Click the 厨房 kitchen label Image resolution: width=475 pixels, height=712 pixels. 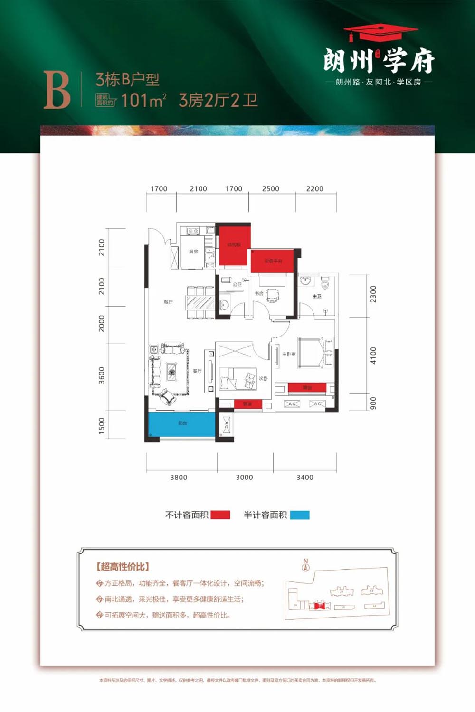coord(193,252)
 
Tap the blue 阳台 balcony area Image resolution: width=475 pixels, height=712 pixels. coord(182,424)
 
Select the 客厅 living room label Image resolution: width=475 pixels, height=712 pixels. coord(197,371)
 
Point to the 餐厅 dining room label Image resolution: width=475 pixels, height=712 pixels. coord(168,302)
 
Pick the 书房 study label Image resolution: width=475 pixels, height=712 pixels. coord(259,293)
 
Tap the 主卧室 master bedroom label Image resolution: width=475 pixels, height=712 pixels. coord(289,354)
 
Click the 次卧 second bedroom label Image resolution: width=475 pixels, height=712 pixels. coord(263,378)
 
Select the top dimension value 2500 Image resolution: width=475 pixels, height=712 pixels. coord(271,189)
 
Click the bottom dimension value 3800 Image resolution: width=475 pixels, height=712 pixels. coord(179,478)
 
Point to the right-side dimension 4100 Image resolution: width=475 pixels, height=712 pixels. coord(373,356)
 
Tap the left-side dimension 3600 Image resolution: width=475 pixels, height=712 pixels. coord(102,375)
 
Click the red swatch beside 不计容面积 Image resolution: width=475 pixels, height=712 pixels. coord(220,515)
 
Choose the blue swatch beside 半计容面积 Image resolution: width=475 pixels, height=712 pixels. coord(300,515)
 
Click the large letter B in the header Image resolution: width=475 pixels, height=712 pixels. coord(57,91)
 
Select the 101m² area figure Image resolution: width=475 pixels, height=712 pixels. coord(143,101)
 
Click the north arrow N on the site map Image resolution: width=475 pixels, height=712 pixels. coord(305,564)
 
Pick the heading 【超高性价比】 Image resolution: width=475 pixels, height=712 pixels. coord(123,566)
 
